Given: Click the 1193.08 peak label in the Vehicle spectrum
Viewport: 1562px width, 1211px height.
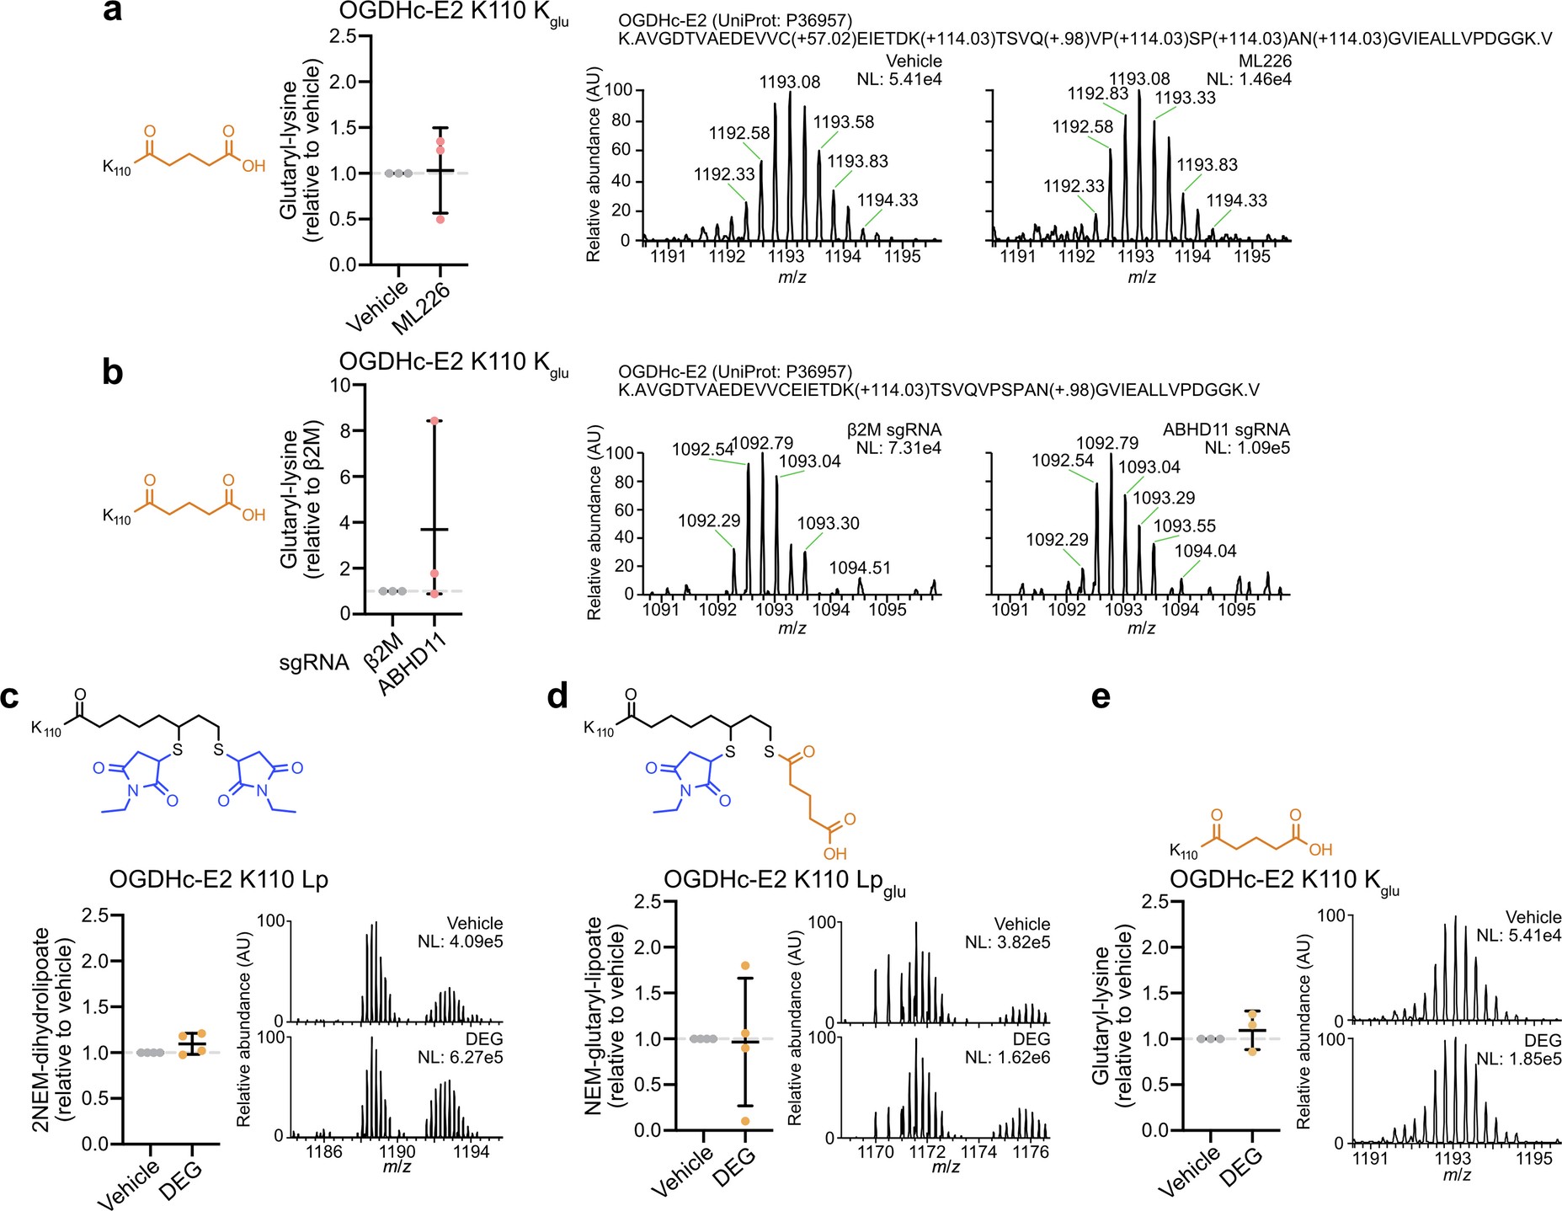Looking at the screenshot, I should click(x=789, y=82).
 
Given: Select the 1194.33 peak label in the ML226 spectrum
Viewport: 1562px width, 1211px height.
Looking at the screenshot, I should click(x=1236, y=200).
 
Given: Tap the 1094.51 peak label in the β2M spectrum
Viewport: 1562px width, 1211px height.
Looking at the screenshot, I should click(x=860, y=568).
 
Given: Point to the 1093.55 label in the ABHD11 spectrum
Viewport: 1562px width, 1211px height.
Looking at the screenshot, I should click(x=1184, y=526).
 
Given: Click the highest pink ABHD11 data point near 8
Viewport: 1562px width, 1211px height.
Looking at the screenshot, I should click(x=434, y=420).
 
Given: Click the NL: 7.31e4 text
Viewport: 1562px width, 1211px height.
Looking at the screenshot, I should click(x=898, y=448).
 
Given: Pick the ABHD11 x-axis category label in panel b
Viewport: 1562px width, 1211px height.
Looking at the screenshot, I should click(x=412, y=665).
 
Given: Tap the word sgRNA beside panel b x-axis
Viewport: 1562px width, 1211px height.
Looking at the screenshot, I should click(x=313, y=664).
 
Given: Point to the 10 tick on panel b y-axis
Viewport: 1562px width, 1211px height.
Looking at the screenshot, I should click(x=340, y=385).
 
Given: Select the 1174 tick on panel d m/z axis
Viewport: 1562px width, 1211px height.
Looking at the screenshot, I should click(x=978, y=1151).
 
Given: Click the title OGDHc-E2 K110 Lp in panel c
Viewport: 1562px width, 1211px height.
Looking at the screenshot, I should click(x=218, y=879).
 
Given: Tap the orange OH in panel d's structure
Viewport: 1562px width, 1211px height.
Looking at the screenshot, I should click(x=835, y=854).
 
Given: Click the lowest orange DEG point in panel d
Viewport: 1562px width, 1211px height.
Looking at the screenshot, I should click(x=745, y=1121).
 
